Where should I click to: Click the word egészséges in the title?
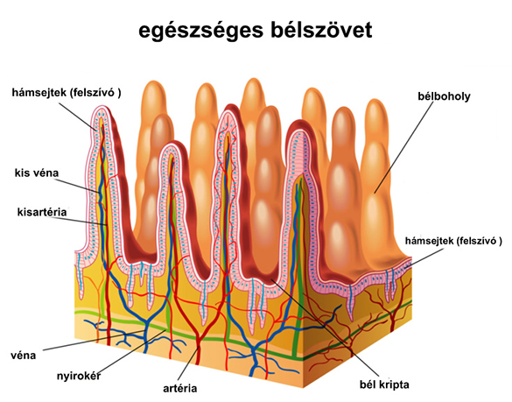pyautogui.click(x=200, y=31)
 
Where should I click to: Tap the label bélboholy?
pyautogui.click(x=444, y=96)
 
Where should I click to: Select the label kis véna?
pyautogui.click(x=37, y=173)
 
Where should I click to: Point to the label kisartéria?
pyautogui.click(x=42, y=212)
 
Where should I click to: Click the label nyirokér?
pyautogui.click(x=79, y=376)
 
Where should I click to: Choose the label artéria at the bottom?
pyautogui.click(x=180, y=388)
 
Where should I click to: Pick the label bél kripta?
pyautogui.click(x=384, y=384)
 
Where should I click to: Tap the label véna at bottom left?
pyautogui.click(x=23, y=356)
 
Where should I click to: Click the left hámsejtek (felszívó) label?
pyautogui.click(x=67, y=93)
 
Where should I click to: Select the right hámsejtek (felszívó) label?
pyautogui.click(x=453, y=241)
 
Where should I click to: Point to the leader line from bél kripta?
pyautogui.click(x=325, y=328)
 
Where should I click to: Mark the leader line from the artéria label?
pyautogui.click(x=188, y=364)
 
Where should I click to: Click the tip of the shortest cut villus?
pyautogui.click(x=172, y=144)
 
